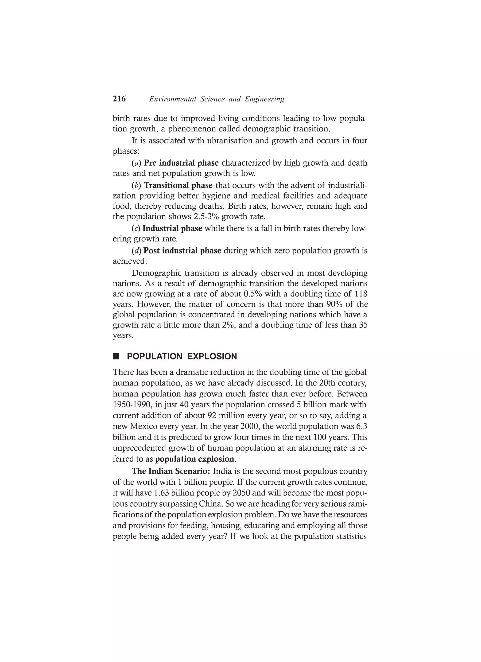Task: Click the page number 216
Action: [119, 99]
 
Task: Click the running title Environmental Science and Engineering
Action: [217, 99]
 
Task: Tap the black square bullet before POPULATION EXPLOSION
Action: [116, 356]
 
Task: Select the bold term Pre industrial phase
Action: [181, 163]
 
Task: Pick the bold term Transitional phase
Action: [178, 185]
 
